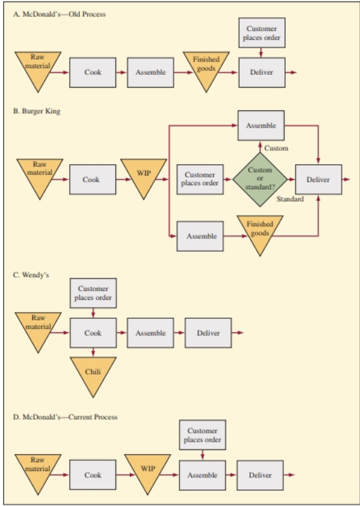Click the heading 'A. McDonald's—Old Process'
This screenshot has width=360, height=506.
point(60,14)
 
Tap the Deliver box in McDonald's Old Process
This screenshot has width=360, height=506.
point(262,72)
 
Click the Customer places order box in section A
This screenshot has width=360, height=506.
point(262,33)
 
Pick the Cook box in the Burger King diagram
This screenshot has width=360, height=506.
point(93,179)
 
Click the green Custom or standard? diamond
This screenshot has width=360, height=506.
point(260,179)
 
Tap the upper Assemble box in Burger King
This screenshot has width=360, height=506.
point(262,125)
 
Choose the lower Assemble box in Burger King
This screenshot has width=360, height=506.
point(202,236)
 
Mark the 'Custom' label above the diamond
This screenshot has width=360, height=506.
point(276,148)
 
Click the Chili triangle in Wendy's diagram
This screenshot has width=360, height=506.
point(93,373)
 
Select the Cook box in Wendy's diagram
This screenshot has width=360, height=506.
point(93,333)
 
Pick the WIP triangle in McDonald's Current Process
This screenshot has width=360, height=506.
point(147,471)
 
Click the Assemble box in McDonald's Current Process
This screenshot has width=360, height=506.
point(203,475)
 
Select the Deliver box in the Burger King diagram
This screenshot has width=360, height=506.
point(318,179)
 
